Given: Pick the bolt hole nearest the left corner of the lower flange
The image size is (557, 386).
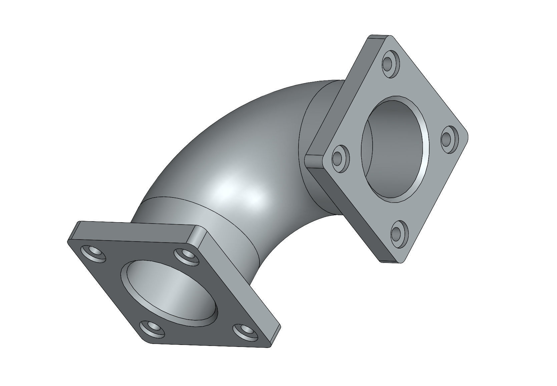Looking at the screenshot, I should coord(93,255).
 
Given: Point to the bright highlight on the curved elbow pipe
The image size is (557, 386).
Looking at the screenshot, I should coord(237,194).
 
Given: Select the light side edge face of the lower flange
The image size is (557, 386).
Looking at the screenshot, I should coord(240,277).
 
